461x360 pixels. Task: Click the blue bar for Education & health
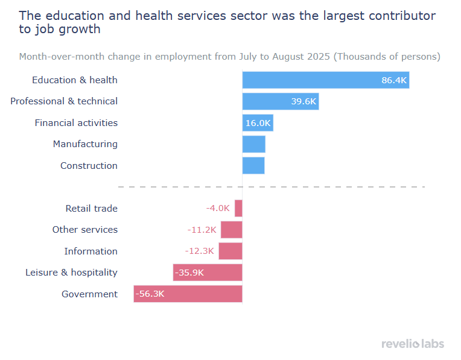click(326, 80)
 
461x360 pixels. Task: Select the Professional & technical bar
click(280, 101)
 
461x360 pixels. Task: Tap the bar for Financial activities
click(258, 123)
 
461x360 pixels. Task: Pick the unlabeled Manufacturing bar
click(253, 144)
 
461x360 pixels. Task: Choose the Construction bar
click(253, 166)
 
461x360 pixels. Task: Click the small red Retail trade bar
click(238, 208)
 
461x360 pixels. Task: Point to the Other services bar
click(231, 230)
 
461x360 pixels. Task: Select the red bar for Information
click(230, 251)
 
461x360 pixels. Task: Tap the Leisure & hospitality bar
click(208, 273)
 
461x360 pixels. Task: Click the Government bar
click(188, 294)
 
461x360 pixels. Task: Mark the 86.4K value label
click(394, 80)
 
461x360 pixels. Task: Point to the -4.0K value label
click(218, 208)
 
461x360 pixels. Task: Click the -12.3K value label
click(200, 251)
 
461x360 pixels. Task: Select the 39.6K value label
click(304, 101)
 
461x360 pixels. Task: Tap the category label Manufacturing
click(85, 144)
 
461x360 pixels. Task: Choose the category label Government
click(89, 294)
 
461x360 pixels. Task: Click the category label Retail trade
click(91, 208)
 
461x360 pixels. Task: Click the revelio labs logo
click(413, 344)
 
